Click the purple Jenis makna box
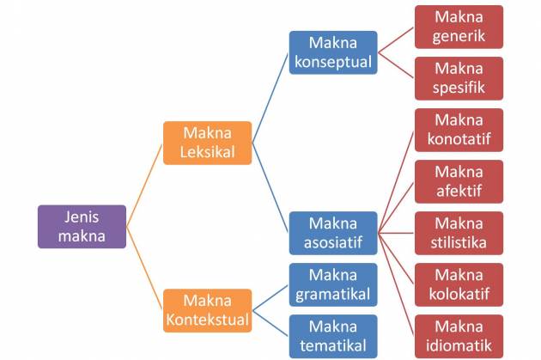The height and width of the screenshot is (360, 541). click(82, 226)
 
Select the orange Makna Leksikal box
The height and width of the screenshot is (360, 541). click(207, 143)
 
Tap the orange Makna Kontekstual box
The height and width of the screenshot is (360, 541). click(207, 310)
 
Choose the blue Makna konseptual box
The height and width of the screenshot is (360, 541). click(332, 52)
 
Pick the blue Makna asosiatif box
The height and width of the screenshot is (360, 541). click(332, 233)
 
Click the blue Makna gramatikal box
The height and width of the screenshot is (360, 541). click(332, 284)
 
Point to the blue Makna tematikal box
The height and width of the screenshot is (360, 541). click(332, 336)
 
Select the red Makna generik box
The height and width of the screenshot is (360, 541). click(459, 27)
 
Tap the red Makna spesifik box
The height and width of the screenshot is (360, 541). click(459, 78)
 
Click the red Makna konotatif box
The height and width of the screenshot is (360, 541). click(459, 130)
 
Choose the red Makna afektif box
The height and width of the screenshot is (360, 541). click(459, 181)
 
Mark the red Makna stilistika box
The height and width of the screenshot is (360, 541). click(459, 233)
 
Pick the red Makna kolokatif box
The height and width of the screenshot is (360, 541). click(459, 284)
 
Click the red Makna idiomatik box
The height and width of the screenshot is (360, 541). click(459, 336)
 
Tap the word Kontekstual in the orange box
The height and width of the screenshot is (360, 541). click(207, 320)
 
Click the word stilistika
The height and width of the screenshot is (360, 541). click(459, 242)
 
